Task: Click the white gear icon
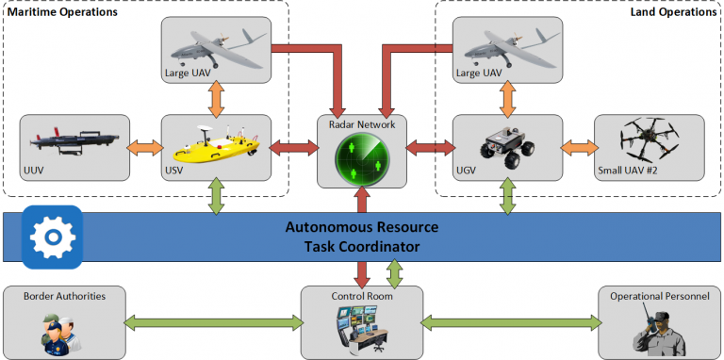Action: (x=53, y=237)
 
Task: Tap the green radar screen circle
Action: (x=362, y=158)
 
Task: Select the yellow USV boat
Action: (x=216, y=141)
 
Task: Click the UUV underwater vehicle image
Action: (x=77, y=141)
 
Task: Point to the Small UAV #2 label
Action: (x=627, y=171)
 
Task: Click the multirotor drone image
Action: (x=650, y=138)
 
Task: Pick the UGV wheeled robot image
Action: (x=507, y=146)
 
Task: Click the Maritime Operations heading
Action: (x=62, y=12)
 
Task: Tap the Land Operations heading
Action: (x=673, y=12)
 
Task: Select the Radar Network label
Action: (x=362, y=123)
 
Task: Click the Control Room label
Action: (x=362, y=296)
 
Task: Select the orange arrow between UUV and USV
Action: (x=145, y=148)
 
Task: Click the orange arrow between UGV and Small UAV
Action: (x=579, y=148)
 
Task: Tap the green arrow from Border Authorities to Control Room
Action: (x=213, y=322)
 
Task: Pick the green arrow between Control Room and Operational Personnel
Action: (x=512, y=322)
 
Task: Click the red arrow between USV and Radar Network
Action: (x=294, y=148)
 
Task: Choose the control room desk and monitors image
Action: (x=361, y=328)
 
